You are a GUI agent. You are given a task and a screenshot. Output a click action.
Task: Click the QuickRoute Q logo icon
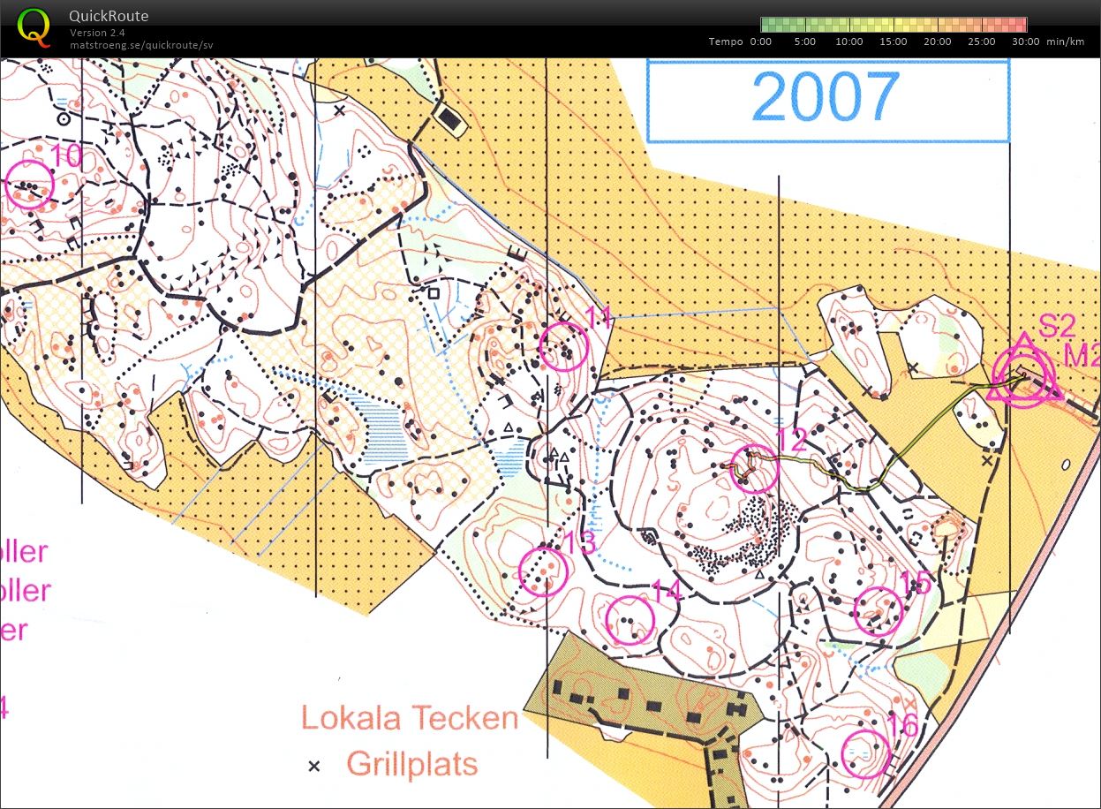34,26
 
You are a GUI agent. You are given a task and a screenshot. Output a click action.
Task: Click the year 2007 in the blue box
826,97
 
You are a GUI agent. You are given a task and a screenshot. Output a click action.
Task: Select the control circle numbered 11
563,346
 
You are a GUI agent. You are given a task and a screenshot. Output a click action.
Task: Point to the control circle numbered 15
879,611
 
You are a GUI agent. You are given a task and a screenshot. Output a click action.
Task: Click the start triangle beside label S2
1024,374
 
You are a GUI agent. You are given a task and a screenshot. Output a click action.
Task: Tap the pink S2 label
1057,327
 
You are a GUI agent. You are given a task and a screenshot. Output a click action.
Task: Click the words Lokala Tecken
409,718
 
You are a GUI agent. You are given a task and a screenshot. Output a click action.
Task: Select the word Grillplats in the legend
412,763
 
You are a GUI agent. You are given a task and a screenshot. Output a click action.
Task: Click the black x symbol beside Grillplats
313,766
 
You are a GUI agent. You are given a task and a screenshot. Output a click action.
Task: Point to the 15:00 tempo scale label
894,42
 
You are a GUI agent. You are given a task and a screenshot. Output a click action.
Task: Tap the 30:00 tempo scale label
1026,42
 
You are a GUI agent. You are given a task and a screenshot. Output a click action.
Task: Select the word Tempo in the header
726,42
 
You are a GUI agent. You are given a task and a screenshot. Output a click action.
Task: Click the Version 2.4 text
98,33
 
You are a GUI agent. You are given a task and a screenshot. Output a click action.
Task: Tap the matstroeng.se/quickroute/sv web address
141,45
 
